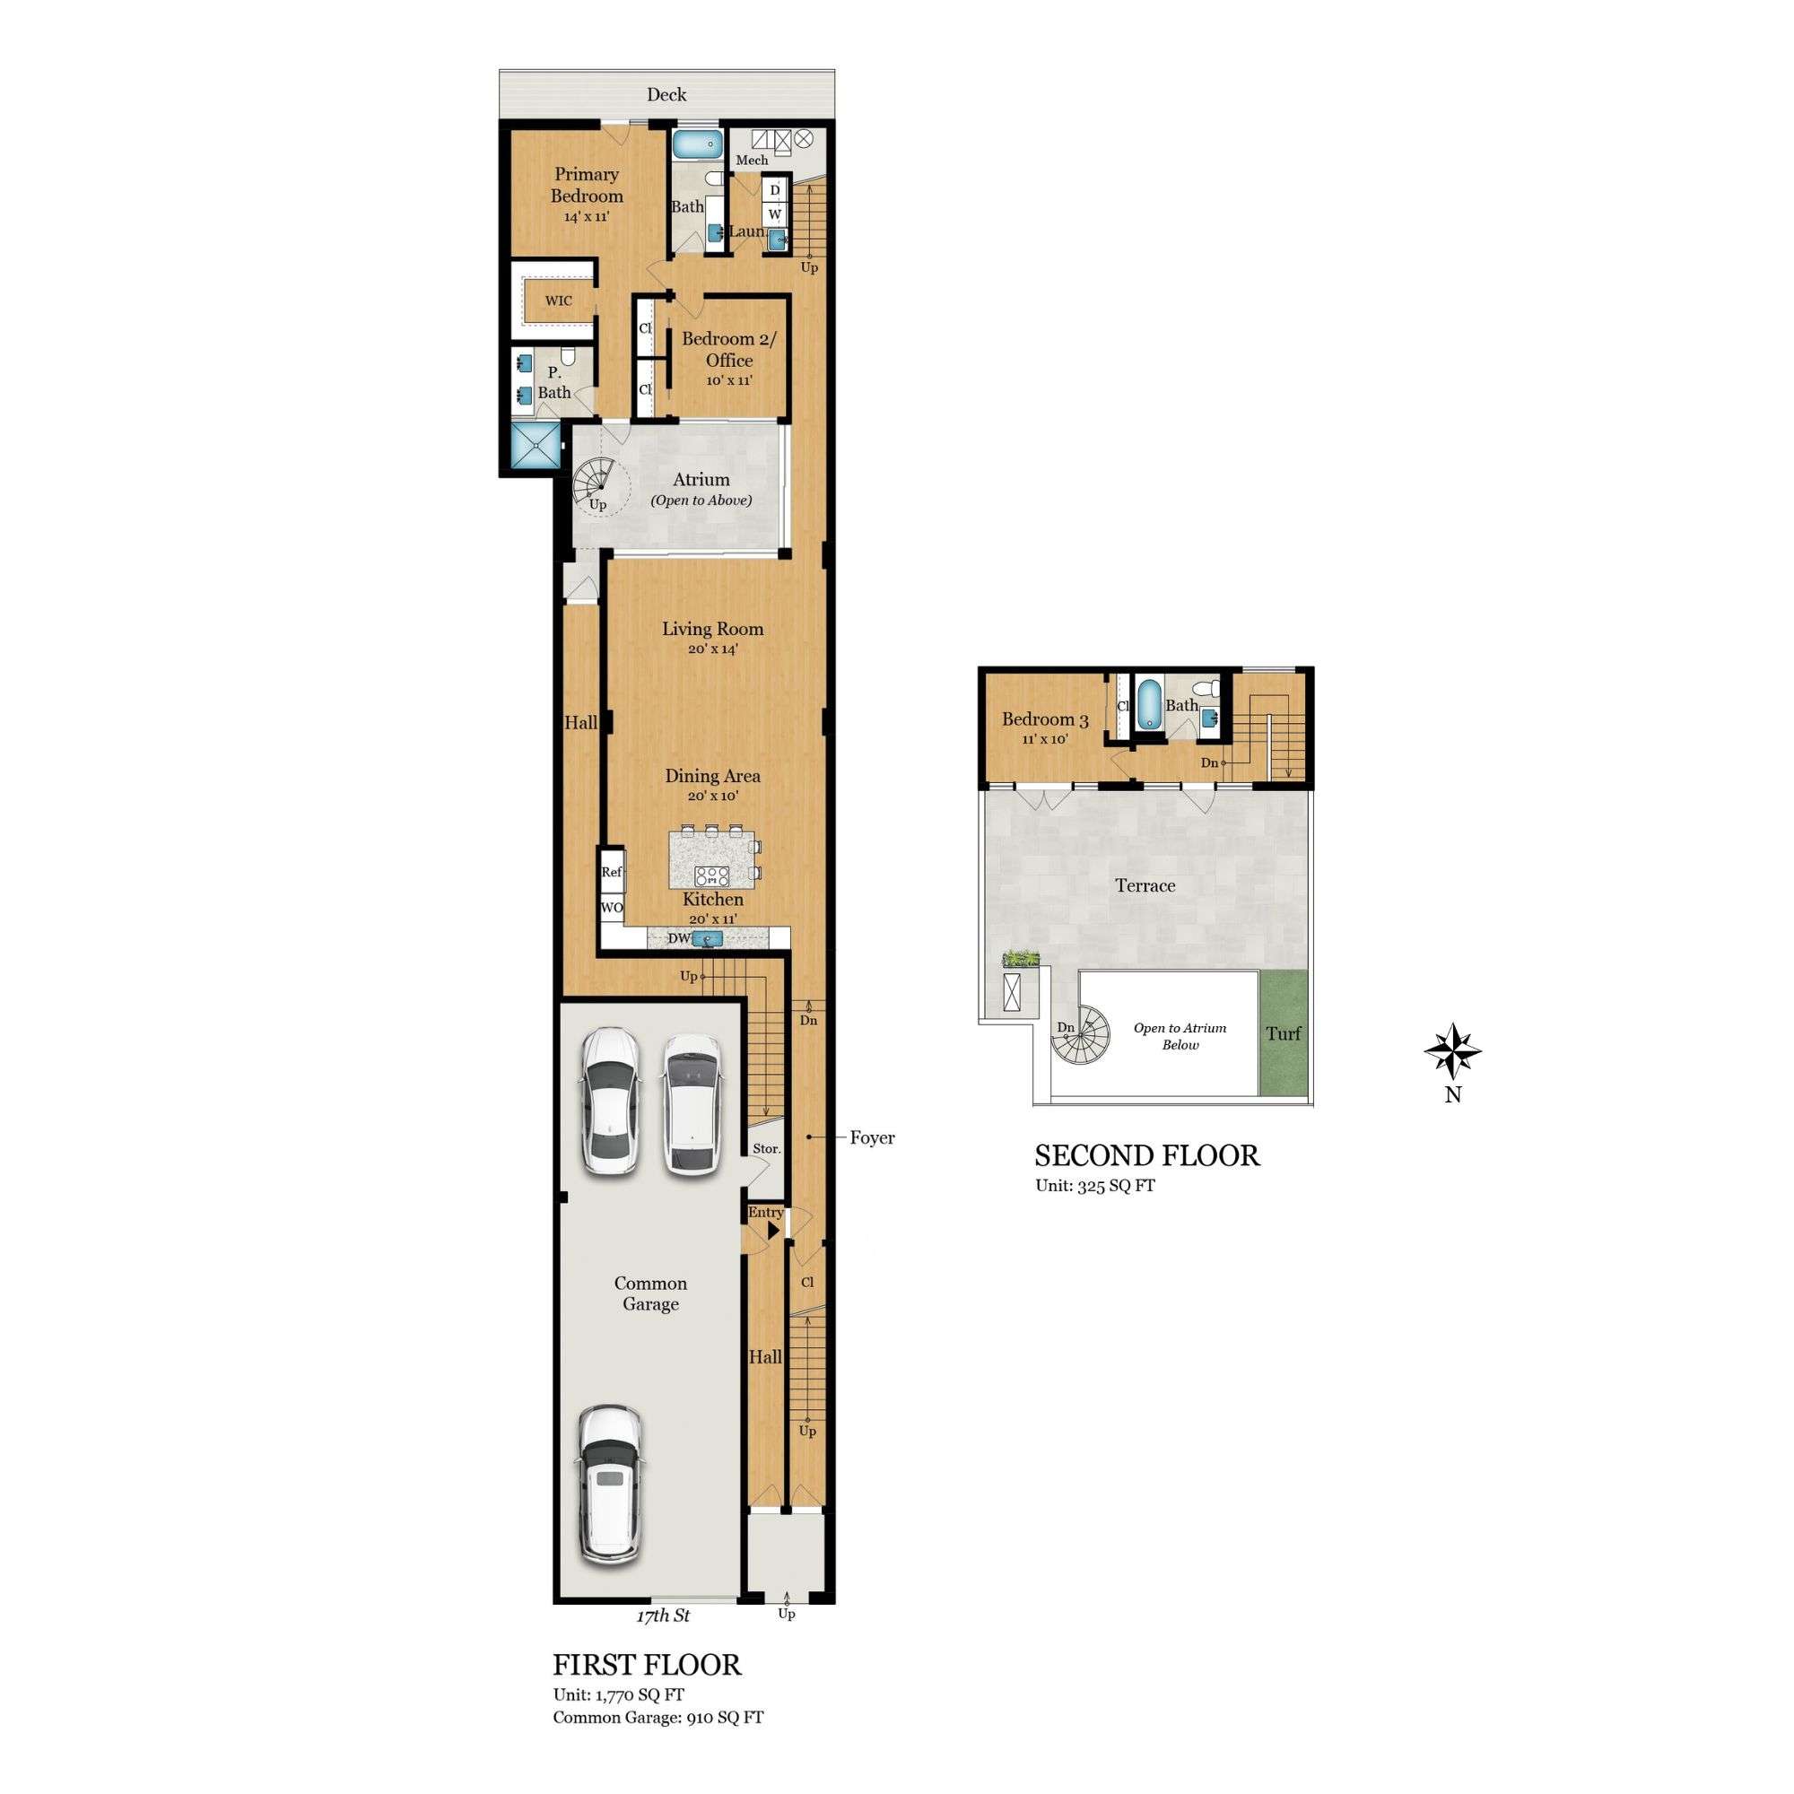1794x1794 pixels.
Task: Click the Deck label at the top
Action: coord(666,95)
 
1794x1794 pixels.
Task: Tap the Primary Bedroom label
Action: coord(586,185)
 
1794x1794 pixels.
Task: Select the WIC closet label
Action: coord(558,300)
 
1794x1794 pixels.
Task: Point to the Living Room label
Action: coord(712,629)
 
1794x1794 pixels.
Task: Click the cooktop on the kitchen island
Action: coord(712,875)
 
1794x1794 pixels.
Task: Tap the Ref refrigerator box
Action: coord(611,872)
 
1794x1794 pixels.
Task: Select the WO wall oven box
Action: coord(611,907)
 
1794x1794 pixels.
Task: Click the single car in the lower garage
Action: coord(608,1484)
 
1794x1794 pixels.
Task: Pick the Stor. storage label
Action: coord(766,1149)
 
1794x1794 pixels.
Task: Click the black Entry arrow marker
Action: coord(772,1230)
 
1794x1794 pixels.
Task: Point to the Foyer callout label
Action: coord(871,1137)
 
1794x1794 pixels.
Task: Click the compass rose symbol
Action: coord(1452,1052)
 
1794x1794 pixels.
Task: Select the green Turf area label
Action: coord(1284,1033)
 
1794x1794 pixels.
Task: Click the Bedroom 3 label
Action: coord(1045,719)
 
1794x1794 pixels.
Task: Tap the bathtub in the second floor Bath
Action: coord(1150,704)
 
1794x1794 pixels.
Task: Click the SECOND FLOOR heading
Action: coord(1146,1156)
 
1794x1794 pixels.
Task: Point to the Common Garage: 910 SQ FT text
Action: coord(658,1718)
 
